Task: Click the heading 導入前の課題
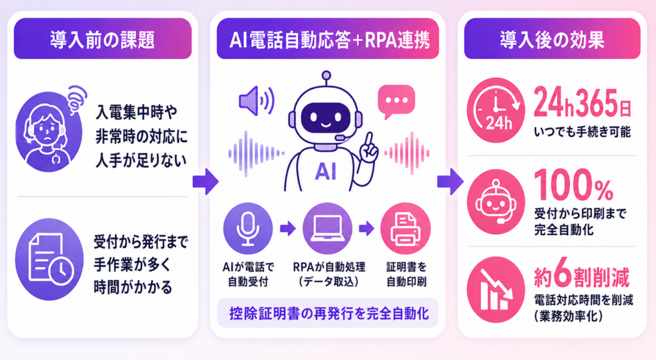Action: tap(102, 40)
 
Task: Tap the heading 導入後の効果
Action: tap(552, 40)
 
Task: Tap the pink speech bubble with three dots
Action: tap(396, 101)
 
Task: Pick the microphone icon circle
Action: tap(248, 228)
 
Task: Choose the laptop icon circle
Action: tap(327, 228)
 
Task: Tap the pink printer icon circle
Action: tap(406, 228)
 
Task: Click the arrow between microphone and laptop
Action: tap(288, 228)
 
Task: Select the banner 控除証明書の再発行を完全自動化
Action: tap(329, 313)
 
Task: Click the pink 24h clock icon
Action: tap(496, 110)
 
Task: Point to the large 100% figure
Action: tap(573, 185)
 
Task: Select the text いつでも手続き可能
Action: tap(582, 132)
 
